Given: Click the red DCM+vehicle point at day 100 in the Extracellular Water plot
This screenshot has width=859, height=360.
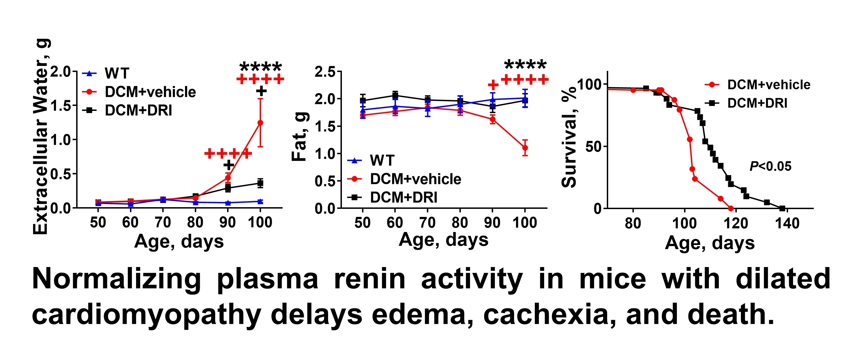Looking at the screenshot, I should click(260, 123).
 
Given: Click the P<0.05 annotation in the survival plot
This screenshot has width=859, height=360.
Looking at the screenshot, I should click(770, 166).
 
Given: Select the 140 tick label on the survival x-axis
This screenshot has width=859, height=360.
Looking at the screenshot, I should click(787, 223).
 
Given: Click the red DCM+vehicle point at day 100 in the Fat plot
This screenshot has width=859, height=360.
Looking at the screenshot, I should click(525, 148).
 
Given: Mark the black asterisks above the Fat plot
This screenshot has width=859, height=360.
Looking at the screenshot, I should click(526, 65).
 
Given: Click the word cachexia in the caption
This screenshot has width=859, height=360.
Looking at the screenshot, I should click(545, 315).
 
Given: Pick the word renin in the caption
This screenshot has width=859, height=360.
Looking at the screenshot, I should click(369, 279).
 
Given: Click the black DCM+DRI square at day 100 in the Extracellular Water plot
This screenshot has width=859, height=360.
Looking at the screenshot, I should click(260, 183).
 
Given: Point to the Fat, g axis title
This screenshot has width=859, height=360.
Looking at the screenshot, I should click(299, 137).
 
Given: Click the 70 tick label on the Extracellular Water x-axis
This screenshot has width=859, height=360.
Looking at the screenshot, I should click(163, 222).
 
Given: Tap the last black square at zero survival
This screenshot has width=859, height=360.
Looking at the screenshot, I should click(782, 208).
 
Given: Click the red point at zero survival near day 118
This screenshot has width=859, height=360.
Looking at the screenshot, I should click(731, 208).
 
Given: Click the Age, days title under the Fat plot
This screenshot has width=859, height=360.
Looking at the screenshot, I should click(443, 240).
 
